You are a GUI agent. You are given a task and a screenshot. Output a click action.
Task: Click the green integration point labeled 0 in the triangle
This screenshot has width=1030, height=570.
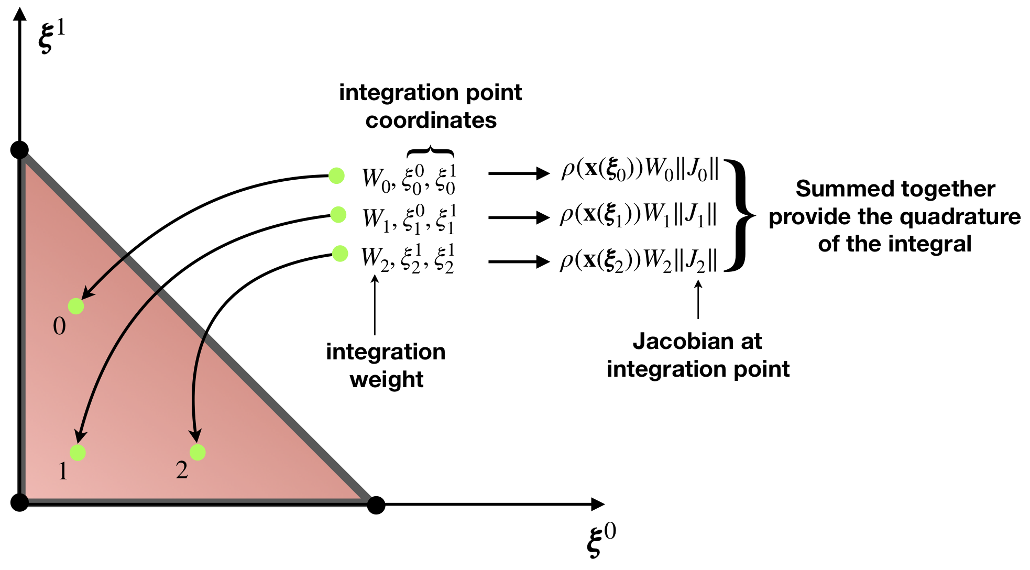76,306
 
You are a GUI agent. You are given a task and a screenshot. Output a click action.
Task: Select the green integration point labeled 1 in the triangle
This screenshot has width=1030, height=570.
78,453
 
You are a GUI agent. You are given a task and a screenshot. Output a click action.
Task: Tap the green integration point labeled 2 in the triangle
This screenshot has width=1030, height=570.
198,452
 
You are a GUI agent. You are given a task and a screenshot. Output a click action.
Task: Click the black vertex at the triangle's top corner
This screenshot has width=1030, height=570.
19,150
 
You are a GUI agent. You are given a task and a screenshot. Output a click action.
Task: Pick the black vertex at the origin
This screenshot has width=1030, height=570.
19,502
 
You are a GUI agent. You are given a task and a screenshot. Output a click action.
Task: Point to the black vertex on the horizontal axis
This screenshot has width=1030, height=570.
376,505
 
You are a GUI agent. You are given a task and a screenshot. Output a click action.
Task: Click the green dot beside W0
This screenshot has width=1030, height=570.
336,176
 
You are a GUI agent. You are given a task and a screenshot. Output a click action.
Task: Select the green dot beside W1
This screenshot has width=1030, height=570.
338,214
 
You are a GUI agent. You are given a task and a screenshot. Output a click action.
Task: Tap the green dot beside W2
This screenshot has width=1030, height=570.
340,254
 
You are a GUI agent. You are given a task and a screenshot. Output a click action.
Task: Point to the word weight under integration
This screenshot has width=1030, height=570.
387,380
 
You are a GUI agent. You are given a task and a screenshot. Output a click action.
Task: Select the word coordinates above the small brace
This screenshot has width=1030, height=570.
431,120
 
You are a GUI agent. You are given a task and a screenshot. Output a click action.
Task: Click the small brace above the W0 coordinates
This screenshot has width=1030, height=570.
430,152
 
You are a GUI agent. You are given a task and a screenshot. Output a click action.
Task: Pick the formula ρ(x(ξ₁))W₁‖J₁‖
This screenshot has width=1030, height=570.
638,215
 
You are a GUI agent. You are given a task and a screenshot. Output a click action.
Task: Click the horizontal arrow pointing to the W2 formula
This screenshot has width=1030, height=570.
519,261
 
